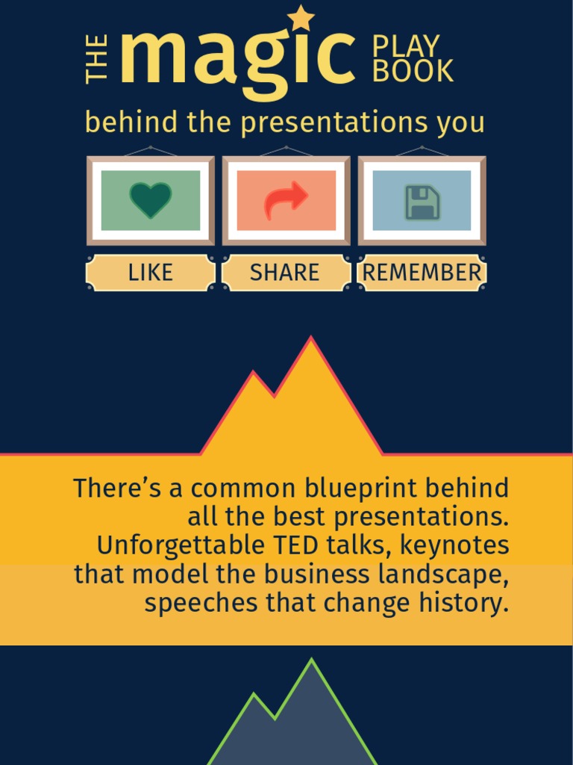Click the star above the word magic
[301, 18]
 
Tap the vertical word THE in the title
[97, 59]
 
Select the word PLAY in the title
[406, 46]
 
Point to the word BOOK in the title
[413, 72]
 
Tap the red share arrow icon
[286, 200]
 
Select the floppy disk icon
[422, 202]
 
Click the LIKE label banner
[151, 273]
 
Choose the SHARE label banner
[285, 273]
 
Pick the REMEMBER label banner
[422, 273]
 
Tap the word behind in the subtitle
[132, 123]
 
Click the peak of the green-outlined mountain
[311, 663]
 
